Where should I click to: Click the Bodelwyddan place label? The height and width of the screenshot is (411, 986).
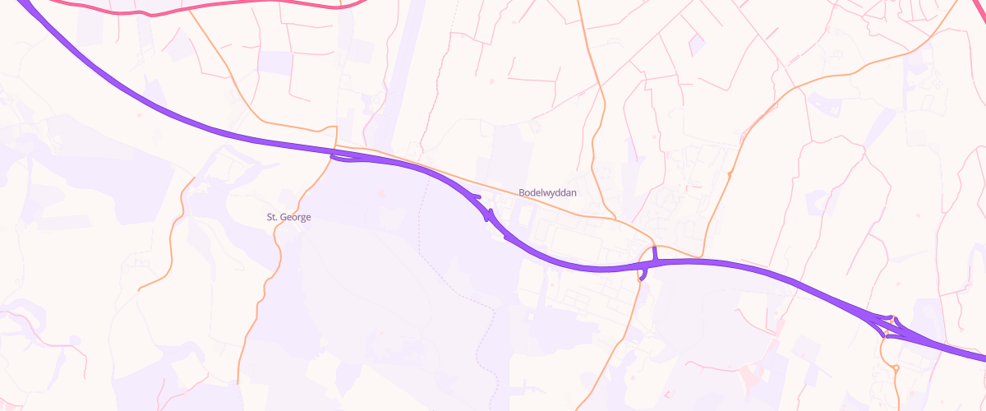coord(548,192)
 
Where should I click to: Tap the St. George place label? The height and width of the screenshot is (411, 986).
coord(288,217)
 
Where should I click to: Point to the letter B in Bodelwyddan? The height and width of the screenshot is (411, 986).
coord(522,192)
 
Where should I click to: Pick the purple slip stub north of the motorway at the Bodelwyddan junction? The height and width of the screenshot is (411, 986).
coord(654,252)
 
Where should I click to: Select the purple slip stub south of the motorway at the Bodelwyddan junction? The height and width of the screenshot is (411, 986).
coord(642,275)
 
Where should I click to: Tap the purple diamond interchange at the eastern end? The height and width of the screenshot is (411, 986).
coord(892,326)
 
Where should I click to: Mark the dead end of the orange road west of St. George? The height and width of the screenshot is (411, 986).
coord(140,289)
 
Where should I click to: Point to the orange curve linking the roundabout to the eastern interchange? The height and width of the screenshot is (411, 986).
coord(882,349)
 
